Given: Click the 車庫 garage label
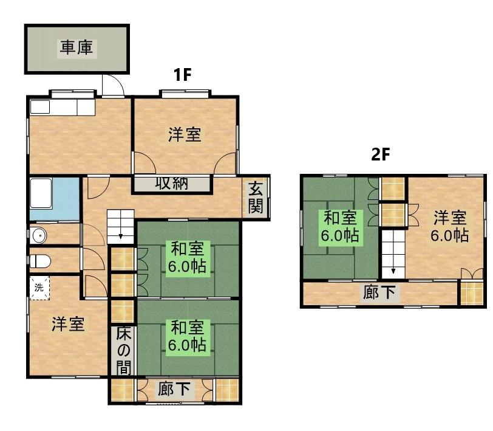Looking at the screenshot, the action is point(76,48).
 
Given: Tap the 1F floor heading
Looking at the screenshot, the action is point(182,75).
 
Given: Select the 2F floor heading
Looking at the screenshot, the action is point(381,154).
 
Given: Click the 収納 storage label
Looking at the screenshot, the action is point(172,184).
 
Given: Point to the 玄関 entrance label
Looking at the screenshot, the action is point(256,198).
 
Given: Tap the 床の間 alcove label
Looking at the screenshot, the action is point(124,351).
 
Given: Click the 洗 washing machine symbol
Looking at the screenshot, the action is point(39,288).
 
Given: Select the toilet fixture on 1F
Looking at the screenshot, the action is point(40,261).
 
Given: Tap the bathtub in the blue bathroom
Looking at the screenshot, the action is point(41,193).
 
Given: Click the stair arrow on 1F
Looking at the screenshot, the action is point(121,236).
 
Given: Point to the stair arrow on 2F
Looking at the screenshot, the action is point(393,271).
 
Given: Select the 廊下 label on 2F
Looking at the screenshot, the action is point(379,292).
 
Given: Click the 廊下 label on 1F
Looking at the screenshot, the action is point(174,389).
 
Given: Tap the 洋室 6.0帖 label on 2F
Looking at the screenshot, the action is point(450,227).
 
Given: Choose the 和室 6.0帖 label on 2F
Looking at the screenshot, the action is point(340,227).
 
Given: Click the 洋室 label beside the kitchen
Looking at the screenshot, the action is point(185,135).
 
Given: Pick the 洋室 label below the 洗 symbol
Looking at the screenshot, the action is point(68,324).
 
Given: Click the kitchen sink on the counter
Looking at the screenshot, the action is point(40,108).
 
